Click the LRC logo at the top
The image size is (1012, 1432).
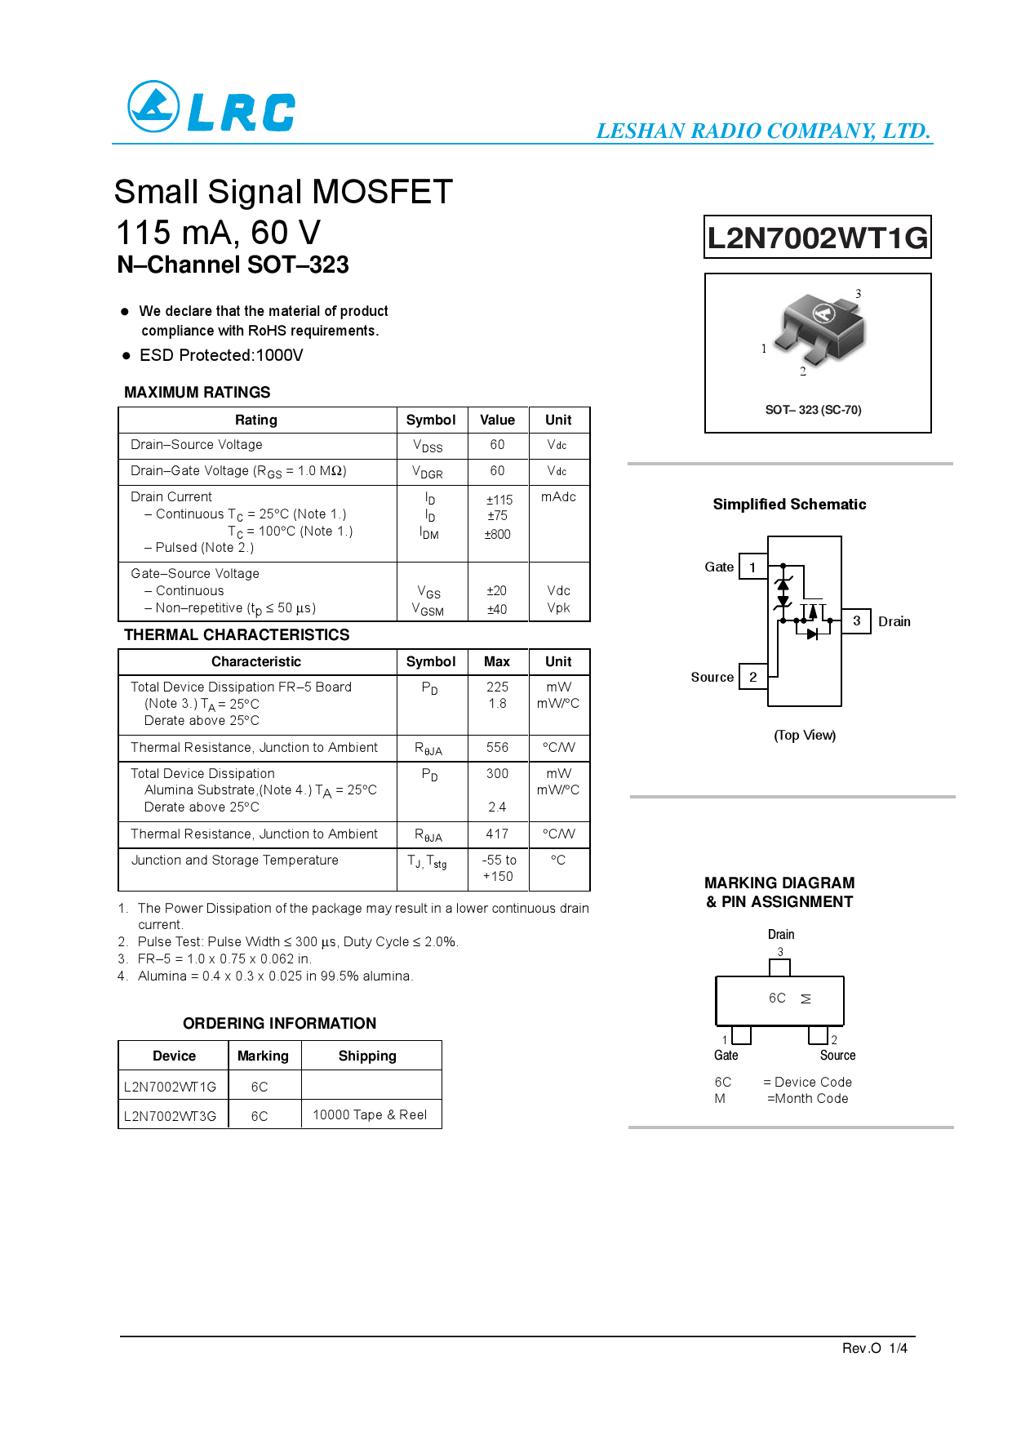(211, 107)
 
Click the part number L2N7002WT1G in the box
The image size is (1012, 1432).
(817, 238)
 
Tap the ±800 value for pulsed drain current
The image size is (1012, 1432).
(497, 535)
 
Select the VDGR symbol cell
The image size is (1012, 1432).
(428, 472)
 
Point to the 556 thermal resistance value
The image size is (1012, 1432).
(497, 748)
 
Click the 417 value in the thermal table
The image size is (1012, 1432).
(497, 834)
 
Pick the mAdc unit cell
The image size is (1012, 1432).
(558, 497)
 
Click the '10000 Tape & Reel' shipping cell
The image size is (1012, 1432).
(370, 1115)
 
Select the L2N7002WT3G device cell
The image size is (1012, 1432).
(171, 1116)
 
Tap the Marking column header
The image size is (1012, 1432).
(263, 1056)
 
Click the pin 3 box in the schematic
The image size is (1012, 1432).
(856, 621)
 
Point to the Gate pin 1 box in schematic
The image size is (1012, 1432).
(752, 567)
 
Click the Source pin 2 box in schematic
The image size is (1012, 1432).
(752, 677)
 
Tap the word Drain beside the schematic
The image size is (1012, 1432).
(894, 622)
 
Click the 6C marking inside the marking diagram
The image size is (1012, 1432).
(777, 998)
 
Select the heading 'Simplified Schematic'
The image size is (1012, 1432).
(789, 505)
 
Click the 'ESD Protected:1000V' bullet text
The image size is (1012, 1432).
(221, 355)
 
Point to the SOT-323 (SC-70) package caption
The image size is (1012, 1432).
(813, 410)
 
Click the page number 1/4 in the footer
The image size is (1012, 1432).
(898, 1348)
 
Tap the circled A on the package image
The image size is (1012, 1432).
(823, 313)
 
